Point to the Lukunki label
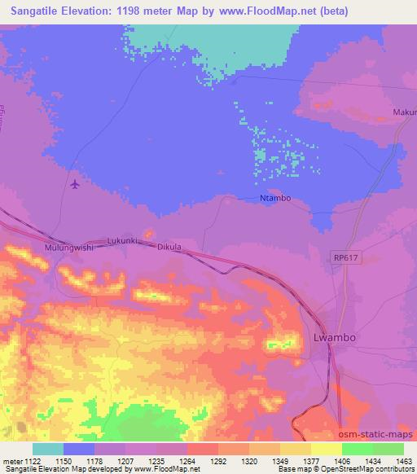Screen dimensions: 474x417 point(125,242)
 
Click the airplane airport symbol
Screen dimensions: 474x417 point(76,184)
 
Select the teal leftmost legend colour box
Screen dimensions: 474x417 point(48,449)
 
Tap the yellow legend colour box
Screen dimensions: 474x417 point(326,449)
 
